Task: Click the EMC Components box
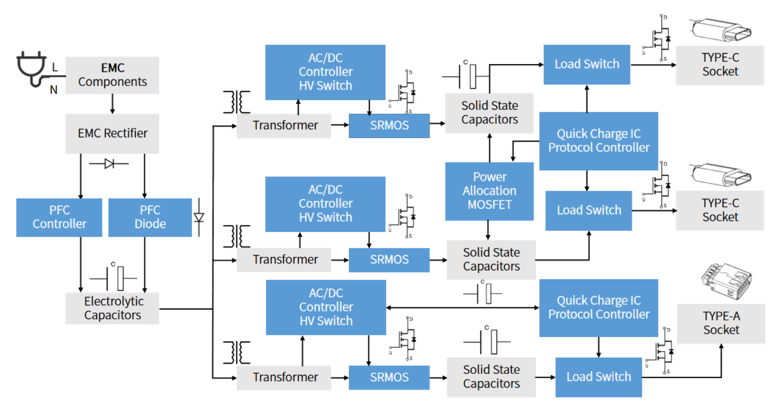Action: (112, 75)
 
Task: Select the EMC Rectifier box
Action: (112, 133)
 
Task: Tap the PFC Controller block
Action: (59, 217)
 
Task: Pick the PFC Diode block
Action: (150, 217)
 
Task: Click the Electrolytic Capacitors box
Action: (112, 308)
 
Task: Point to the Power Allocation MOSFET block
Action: (489, 191)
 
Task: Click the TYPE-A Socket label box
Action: (721, 323)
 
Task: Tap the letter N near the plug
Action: (53, 90)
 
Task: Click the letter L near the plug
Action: (55, 67)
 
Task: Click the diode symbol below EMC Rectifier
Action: (109, 164)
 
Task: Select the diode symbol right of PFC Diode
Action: (199, 217)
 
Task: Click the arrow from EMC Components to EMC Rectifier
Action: (112, 104)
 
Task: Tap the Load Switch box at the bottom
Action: (598, 377)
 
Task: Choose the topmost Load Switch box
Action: (587, 64)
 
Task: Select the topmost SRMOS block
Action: (389, 125)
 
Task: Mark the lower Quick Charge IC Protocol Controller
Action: (598, 308)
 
